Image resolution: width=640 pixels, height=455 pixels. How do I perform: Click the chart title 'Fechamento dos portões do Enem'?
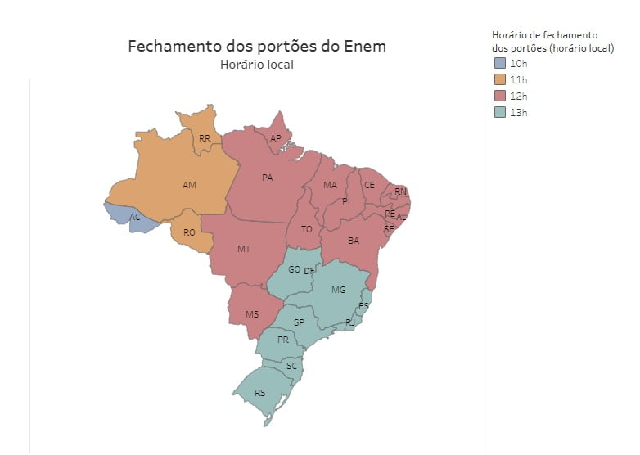[256, 46]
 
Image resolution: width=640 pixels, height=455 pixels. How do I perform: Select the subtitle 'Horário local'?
[256, 65]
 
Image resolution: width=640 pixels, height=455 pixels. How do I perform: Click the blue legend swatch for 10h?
[500, 63]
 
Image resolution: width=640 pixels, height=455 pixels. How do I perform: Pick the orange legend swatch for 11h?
[500, 79]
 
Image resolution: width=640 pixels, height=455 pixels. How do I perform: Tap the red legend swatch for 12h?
[500, 96]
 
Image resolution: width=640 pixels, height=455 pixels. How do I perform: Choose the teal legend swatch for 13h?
[500, 112]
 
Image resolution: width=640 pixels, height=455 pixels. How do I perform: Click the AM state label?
[189, 185]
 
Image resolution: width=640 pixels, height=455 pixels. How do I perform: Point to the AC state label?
[135, 217]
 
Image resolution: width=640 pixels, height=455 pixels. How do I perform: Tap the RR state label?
[205, 138]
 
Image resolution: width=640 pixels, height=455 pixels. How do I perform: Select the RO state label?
[189, 232]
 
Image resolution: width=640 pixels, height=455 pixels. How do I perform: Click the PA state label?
[267, 177]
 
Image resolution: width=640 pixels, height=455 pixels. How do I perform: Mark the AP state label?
[275, 138]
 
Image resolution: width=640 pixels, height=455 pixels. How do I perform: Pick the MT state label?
[244, 248]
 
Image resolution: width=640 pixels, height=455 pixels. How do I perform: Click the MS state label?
[252, 314]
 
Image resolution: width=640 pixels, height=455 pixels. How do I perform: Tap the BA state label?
[354, 241]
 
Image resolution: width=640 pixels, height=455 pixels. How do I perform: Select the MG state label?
[338, 290]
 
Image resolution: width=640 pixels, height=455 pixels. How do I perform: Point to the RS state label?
[259, 393]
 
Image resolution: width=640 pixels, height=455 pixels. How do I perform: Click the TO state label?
[306, 229]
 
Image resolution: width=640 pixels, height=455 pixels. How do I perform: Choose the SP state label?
[299, 322]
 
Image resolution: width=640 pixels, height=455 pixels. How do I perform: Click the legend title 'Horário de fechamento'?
[544, 35]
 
